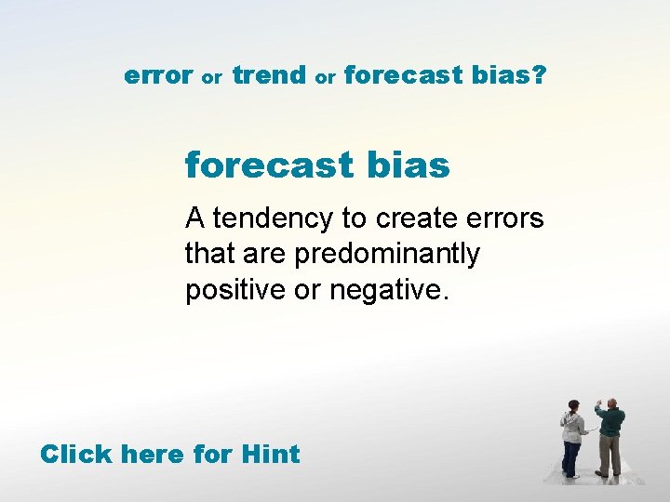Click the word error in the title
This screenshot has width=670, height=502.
(x=158, y=75)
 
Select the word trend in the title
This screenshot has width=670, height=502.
(x=269, y=75)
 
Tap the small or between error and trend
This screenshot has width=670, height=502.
(x=212, y=78)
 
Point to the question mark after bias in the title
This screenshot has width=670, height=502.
(x=540, y=75)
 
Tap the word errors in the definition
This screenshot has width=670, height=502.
(x=508, y=218)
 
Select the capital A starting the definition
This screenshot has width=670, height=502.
(x=194, y=218)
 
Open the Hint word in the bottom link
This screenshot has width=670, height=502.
(x=270, y=455)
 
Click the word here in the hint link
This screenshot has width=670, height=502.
(x=153, y=455)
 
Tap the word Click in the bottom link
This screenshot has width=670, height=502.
(x=76, y=455)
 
